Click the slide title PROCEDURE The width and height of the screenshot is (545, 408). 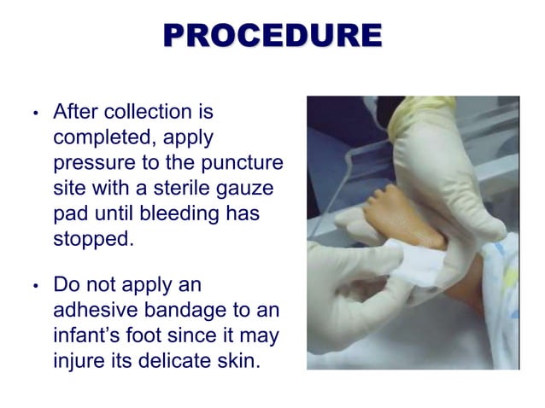tap(272, 36)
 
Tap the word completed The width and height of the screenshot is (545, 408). tap(99, 137)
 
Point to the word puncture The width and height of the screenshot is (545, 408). tap(245, 162)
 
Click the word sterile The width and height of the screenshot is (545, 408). tap(175, 188)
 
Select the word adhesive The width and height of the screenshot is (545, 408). tap(93, 310)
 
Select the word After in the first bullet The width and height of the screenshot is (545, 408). tap(73, 113)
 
